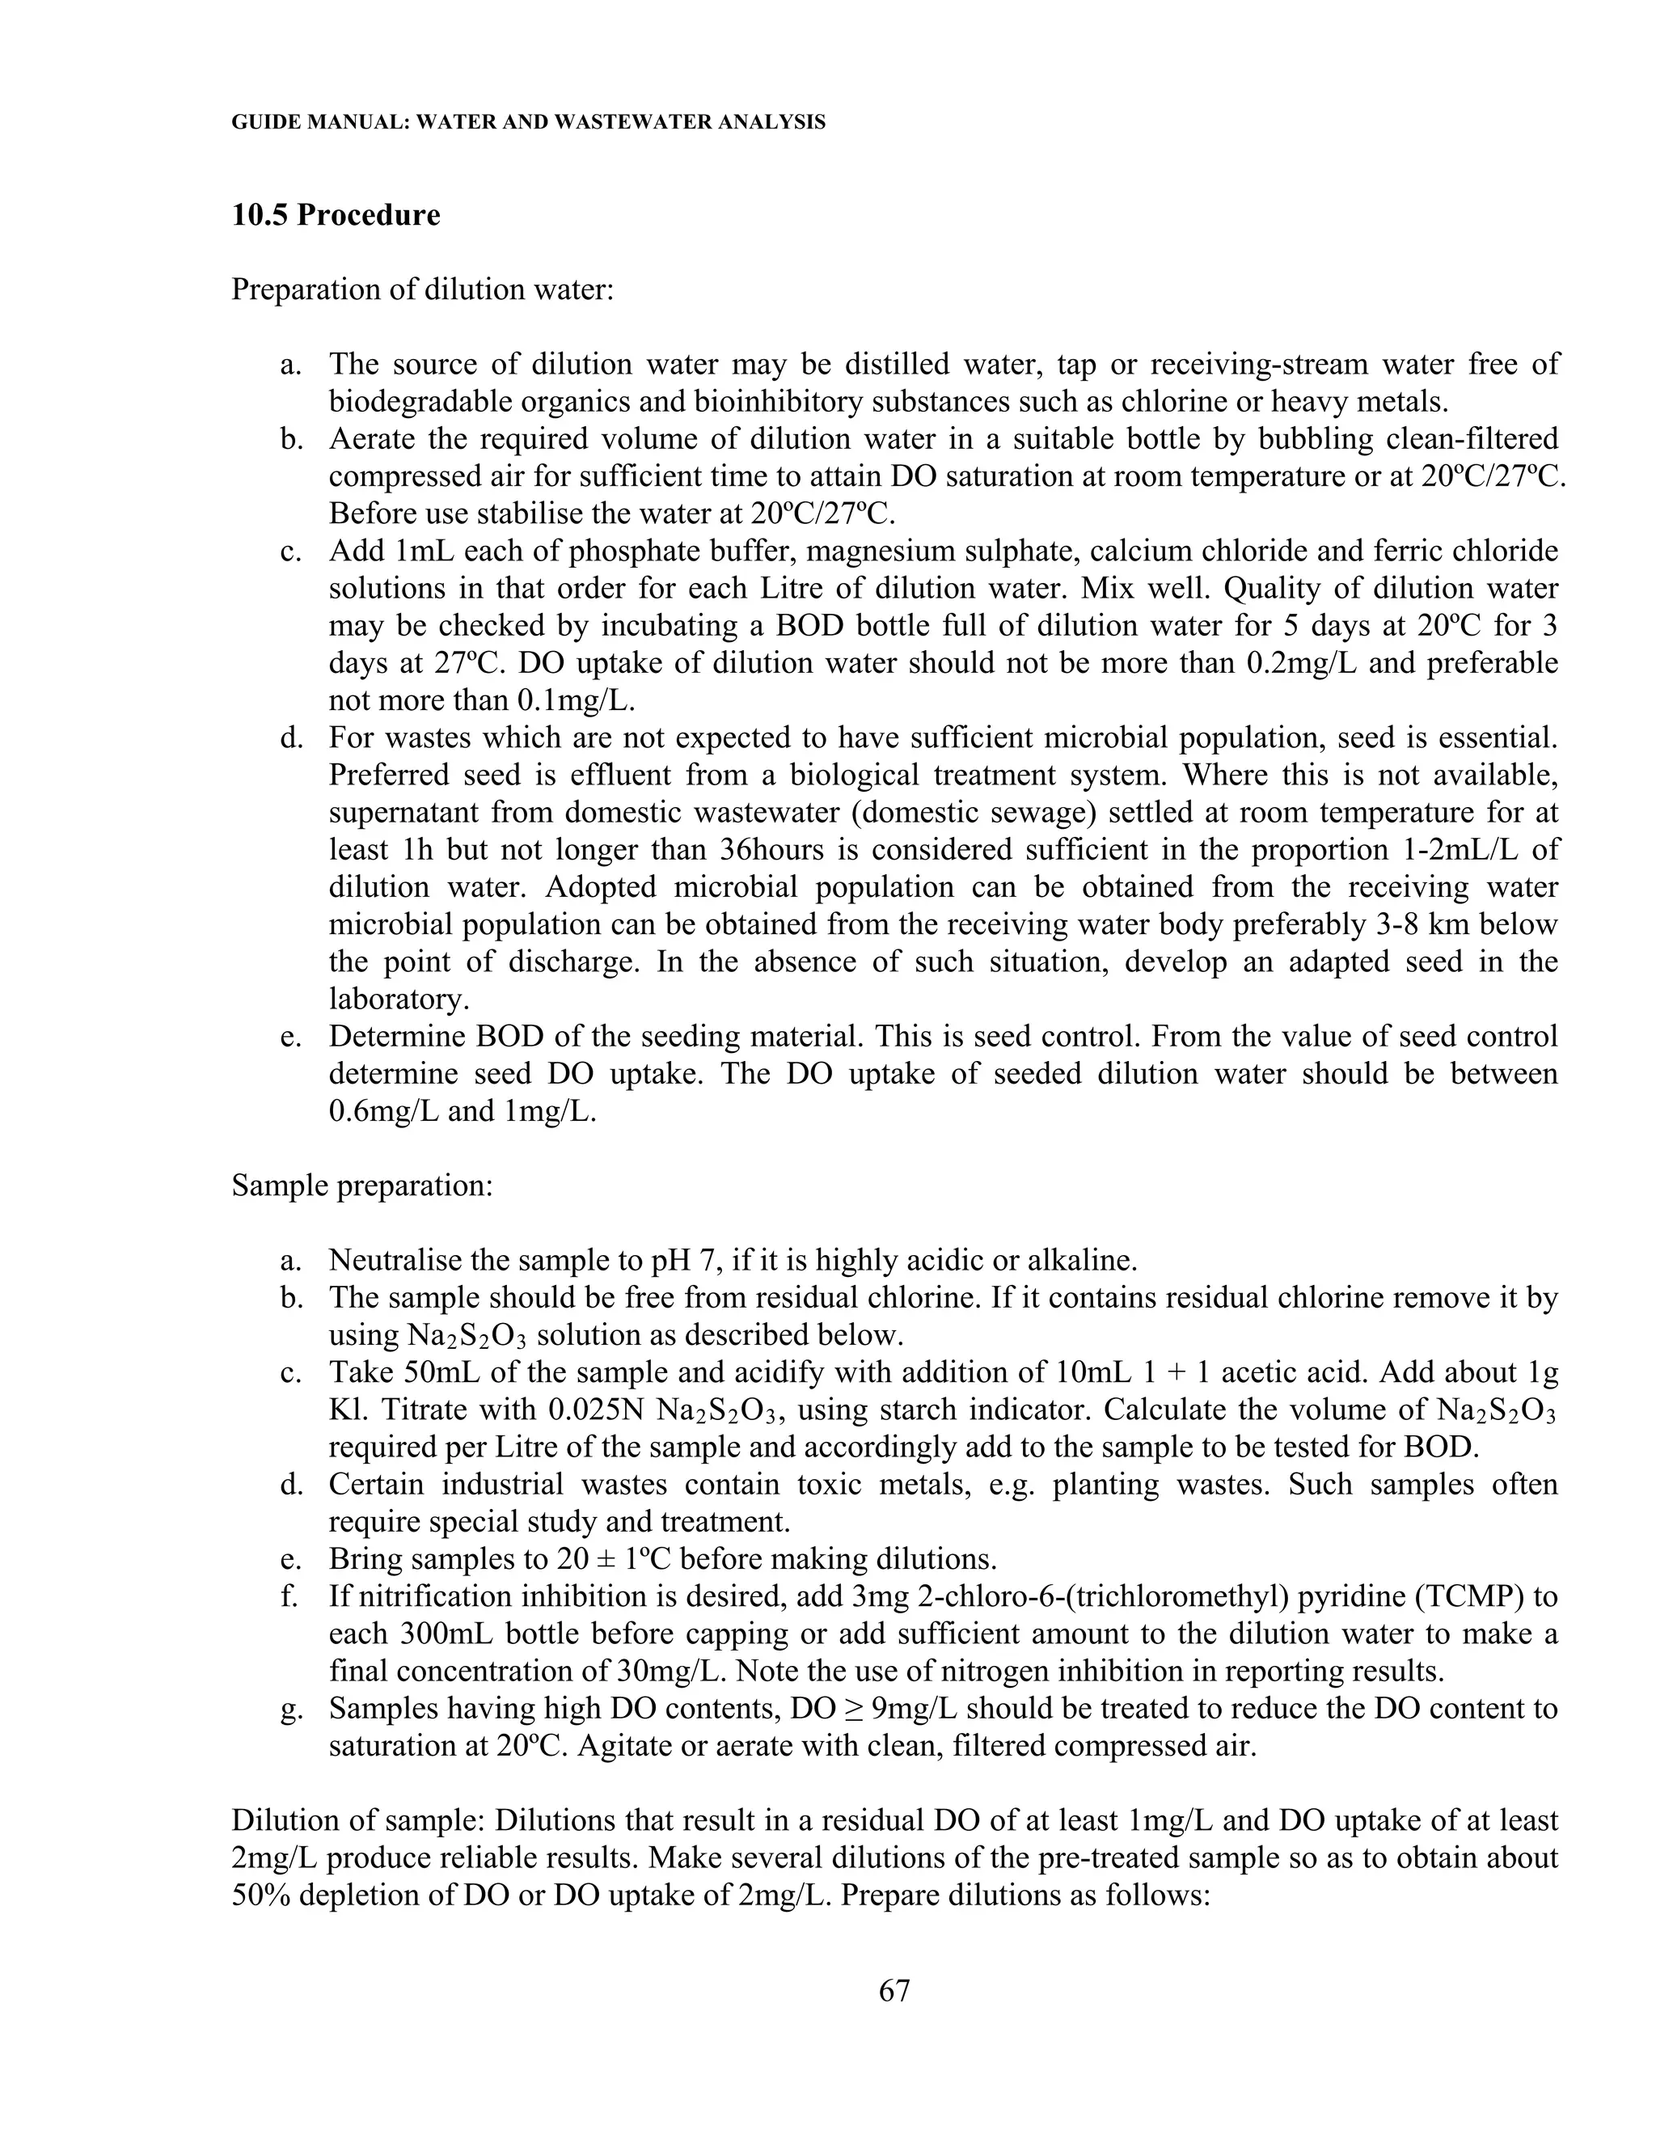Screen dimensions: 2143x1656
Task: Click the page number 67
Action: [x=895, y=1990]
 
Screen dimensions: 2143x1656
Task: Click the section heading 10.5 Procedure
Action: [x=336, y=215]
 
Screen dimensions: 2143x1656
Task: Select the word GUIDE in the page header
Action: [x=263, y=123]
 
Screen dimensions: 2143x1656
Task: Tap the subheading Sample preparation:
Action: [x=362, y=1186]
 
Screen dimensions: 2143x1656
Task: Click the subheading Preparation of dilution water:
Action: [x=423, y=290]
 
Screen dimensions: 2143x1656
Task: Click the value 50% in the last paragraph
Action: [x=261, y=1895]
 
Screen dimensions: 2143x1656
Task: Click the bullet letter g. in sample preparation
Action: [x=290, y=1708]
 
